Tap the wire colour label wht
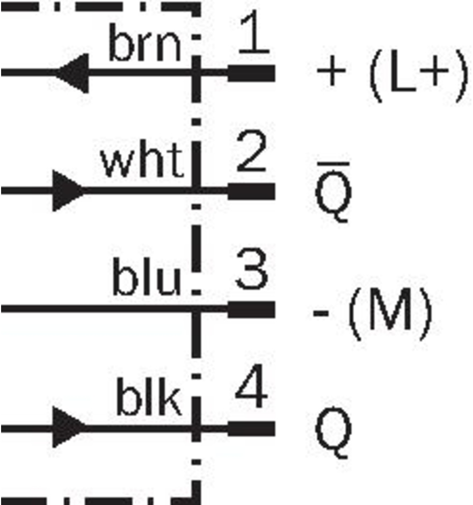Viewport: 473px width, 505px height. click(x=143, y=160)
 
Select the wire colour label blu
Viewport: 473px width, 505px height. click(x=147, y=277)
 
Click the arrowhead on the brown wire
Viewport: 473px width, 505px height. click(x=72, y=73)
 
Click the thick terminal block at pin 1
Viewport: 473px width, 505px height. click(x=251, y=73)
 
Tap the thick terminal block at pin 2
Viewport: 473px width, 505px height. click(x=251, y=191)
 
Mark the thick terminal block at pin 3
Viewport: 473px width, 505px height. click(x=251, y=309)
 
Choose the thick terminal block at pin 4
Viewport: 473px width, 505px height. click(x=251, y=428)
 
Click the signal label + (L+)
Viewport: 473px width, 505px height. click(x=392, y=76)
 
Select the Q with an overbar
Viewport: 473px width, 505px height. click(x=333, y=192)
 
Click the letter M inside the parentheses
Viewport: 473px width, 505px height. click(x=390, y=310)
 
